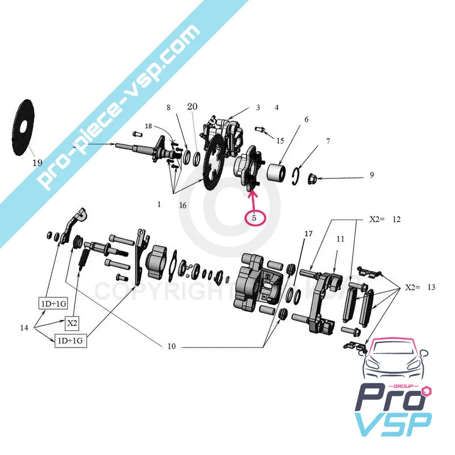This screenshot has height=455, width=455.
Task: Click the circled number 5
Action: pyautogui.click(x=255, y=217)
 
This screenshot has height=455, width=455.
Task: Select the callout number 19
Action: pyautogui.click(x=37, y=163)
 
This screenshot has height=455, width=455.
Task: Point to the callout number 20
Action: pyautogui.click(x=192, y=106)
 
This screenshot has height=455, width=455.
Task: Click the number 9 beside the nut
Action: pyautogui.click(x=371, y=175)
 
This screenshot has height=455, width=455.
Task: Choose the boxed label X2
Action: pyautogui.click(x=73, y=324)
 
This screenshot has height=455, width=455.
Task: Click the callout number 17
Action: pyautogui.click(x=308, y=234)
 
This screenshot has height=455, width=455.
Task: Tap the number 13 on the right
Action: pyautogui.click(x=431, y=288)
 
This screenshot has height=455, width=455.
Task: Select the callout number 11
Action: pyautogui.click(x=340, y=239)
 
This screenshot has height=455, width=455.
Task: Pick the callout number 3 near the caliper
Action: pyautogui.click(x=258, y=107)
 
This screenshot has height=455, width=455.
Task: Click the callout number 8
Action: pyautogui.click(x=168, y=107)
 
